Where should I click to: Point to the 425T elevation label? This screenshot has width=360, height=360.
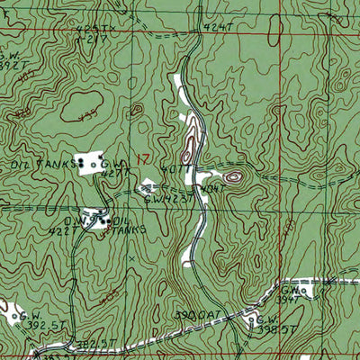point(90,29)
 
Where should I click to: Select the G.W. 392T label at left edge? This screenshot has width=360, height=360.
point(8,61)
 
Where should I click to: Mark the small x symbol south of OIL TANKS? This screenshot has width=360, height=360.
point(132,258)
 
